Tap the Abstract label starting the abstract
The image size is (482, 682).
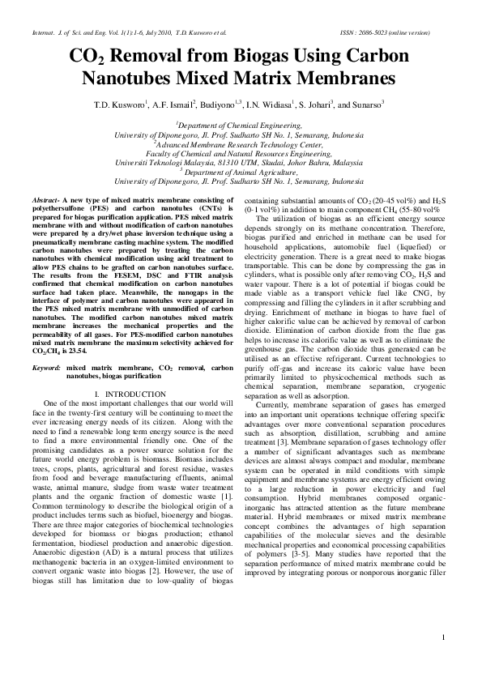tap(47, 198)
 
